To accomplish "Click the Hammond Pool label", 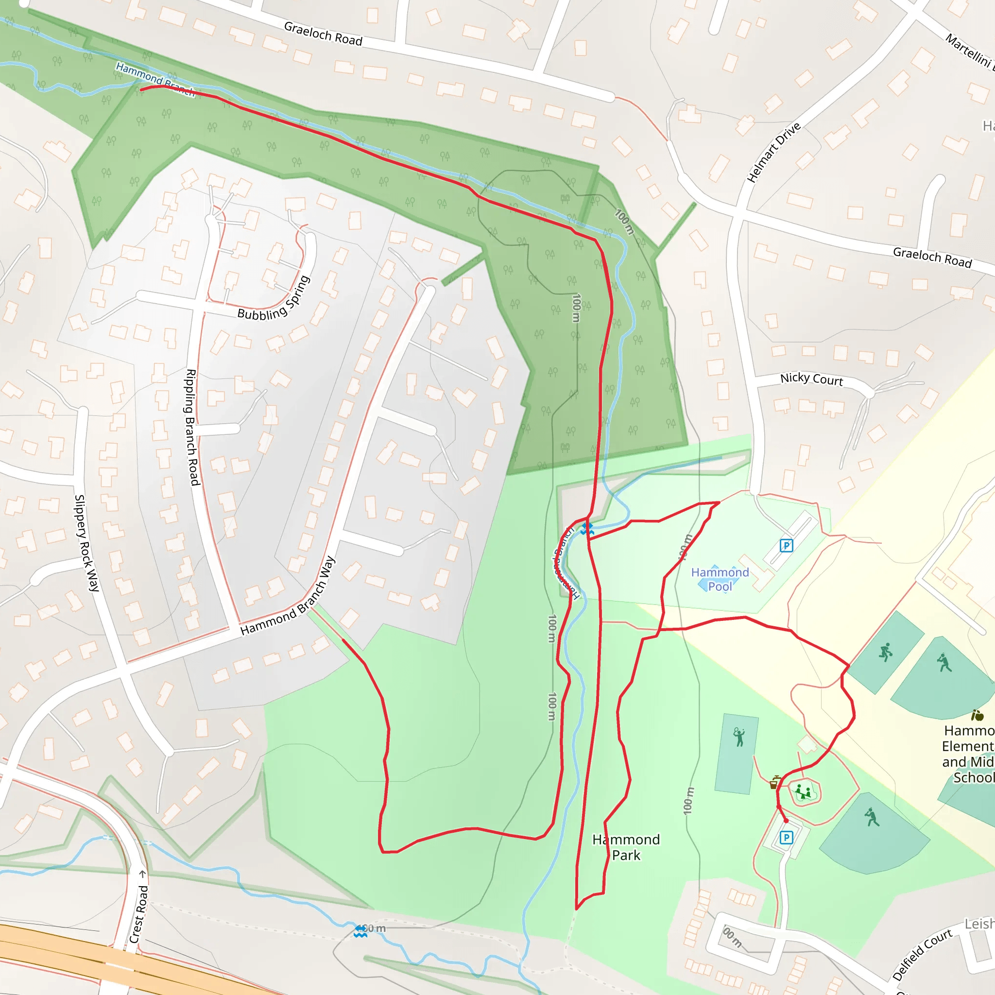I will pos(720,580).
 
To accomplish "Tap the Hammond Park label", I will pos(626,847).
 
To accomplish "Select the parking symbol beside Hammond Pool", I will pos(786,546).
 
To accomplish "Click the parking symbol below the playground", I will pos(786,838).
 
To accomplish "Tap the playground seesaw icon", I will pos(803,792).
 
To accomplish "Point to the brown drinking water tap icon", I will pos(774,783).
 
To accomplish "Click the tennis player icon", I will pos(739,737).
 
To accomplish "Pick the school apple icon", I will pos(977,715).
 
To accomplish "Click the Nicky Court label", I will pos(811,379).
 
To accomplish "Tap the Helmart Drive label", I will pos(773,153).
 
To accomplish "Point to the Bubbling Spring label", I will pos(274,299).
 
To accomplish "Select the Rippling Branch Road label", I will pos(192,427).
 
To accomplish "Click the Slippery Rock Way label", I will pos(86,543).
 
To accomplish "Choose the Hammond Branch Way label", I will pos(288,596).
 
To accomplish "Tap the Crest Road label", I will pos(138,914).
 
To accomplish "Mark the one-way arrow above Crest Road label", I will pos(143,874).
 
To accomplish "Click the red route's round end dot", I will pos(786,821).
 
